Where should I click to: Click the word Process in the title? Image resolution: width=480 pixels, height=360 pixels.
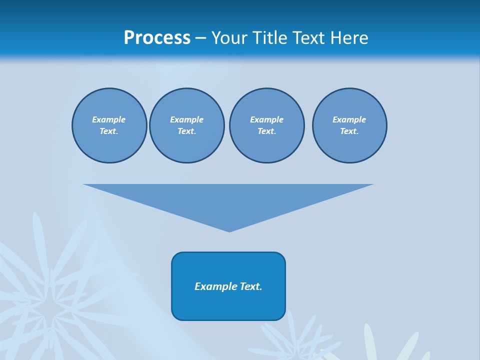tap(157, 38)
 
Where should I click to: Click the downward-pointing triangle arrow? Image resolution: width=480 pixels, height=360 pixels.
tap(228, 200)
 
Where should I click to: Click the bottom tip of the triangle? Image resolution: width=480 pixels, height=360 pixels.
tap(229, 231)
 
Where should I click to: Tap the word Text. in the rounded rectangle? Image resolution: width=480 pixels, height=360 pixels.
tap(251, 286)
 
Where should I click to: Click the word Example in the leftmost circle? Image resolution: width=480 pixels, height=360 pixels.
tap(109, 119)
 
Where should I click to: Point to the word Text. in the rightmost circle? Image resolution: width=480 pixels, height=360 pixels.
tap(349, 131)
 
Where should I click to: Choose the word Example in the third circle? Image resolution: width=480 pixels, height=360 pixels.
tap(266, 119)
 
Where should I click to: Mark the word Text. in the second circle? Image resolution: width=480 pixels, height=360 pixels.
tap(186, 131)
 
